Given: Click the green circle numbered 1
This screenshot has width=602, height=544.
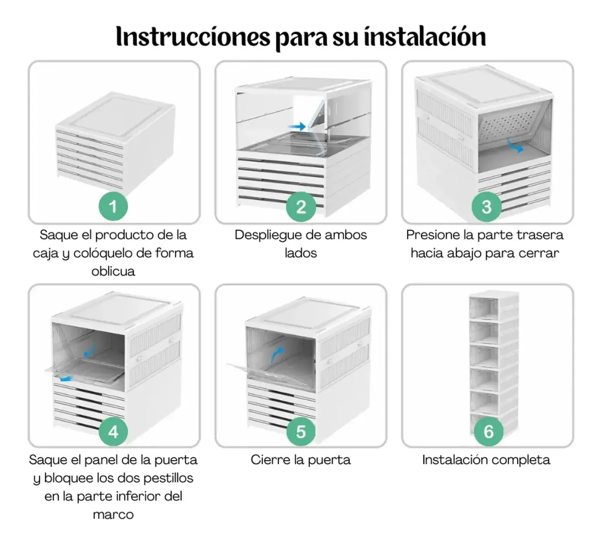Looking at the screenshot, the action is tap(113, 207).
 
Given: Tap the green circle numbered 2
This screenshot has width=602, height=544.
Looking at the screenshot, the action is tap(301, 207).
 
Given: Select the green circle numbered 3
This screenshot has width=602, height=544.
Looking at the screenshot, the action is tap(487, 207).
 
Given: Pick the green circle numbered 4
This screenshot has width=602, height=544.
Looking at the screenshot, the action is tap(113, 432).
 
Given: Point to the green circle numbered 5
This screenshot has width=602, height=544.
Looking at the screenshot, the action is tap(301, 432).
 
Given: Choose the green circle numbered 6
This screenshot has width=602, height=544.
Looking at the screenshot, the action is tap(489, 432).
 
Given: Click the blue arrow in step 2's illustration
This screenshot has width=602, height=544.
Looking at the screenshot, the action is tap(297, 126).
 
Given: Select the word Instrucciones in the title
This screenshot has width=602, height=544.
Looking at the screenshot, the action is tap(193, 37).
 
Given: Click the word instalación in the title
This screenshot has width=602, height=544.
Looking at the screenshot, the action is tap(425, 37).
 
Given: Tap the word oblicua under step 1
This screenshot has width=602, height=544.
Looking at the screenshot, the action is tap(113, 271).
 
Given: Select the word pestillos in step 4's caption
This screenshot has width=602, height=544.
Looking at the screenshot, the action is tap(168, 478).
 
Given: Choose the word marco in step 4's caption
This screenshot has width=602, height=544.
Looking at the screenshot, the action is tap(113, 514).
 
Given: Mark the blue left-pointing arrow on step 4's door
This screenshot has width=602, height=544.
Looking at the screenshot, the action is tap(66, 379).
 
